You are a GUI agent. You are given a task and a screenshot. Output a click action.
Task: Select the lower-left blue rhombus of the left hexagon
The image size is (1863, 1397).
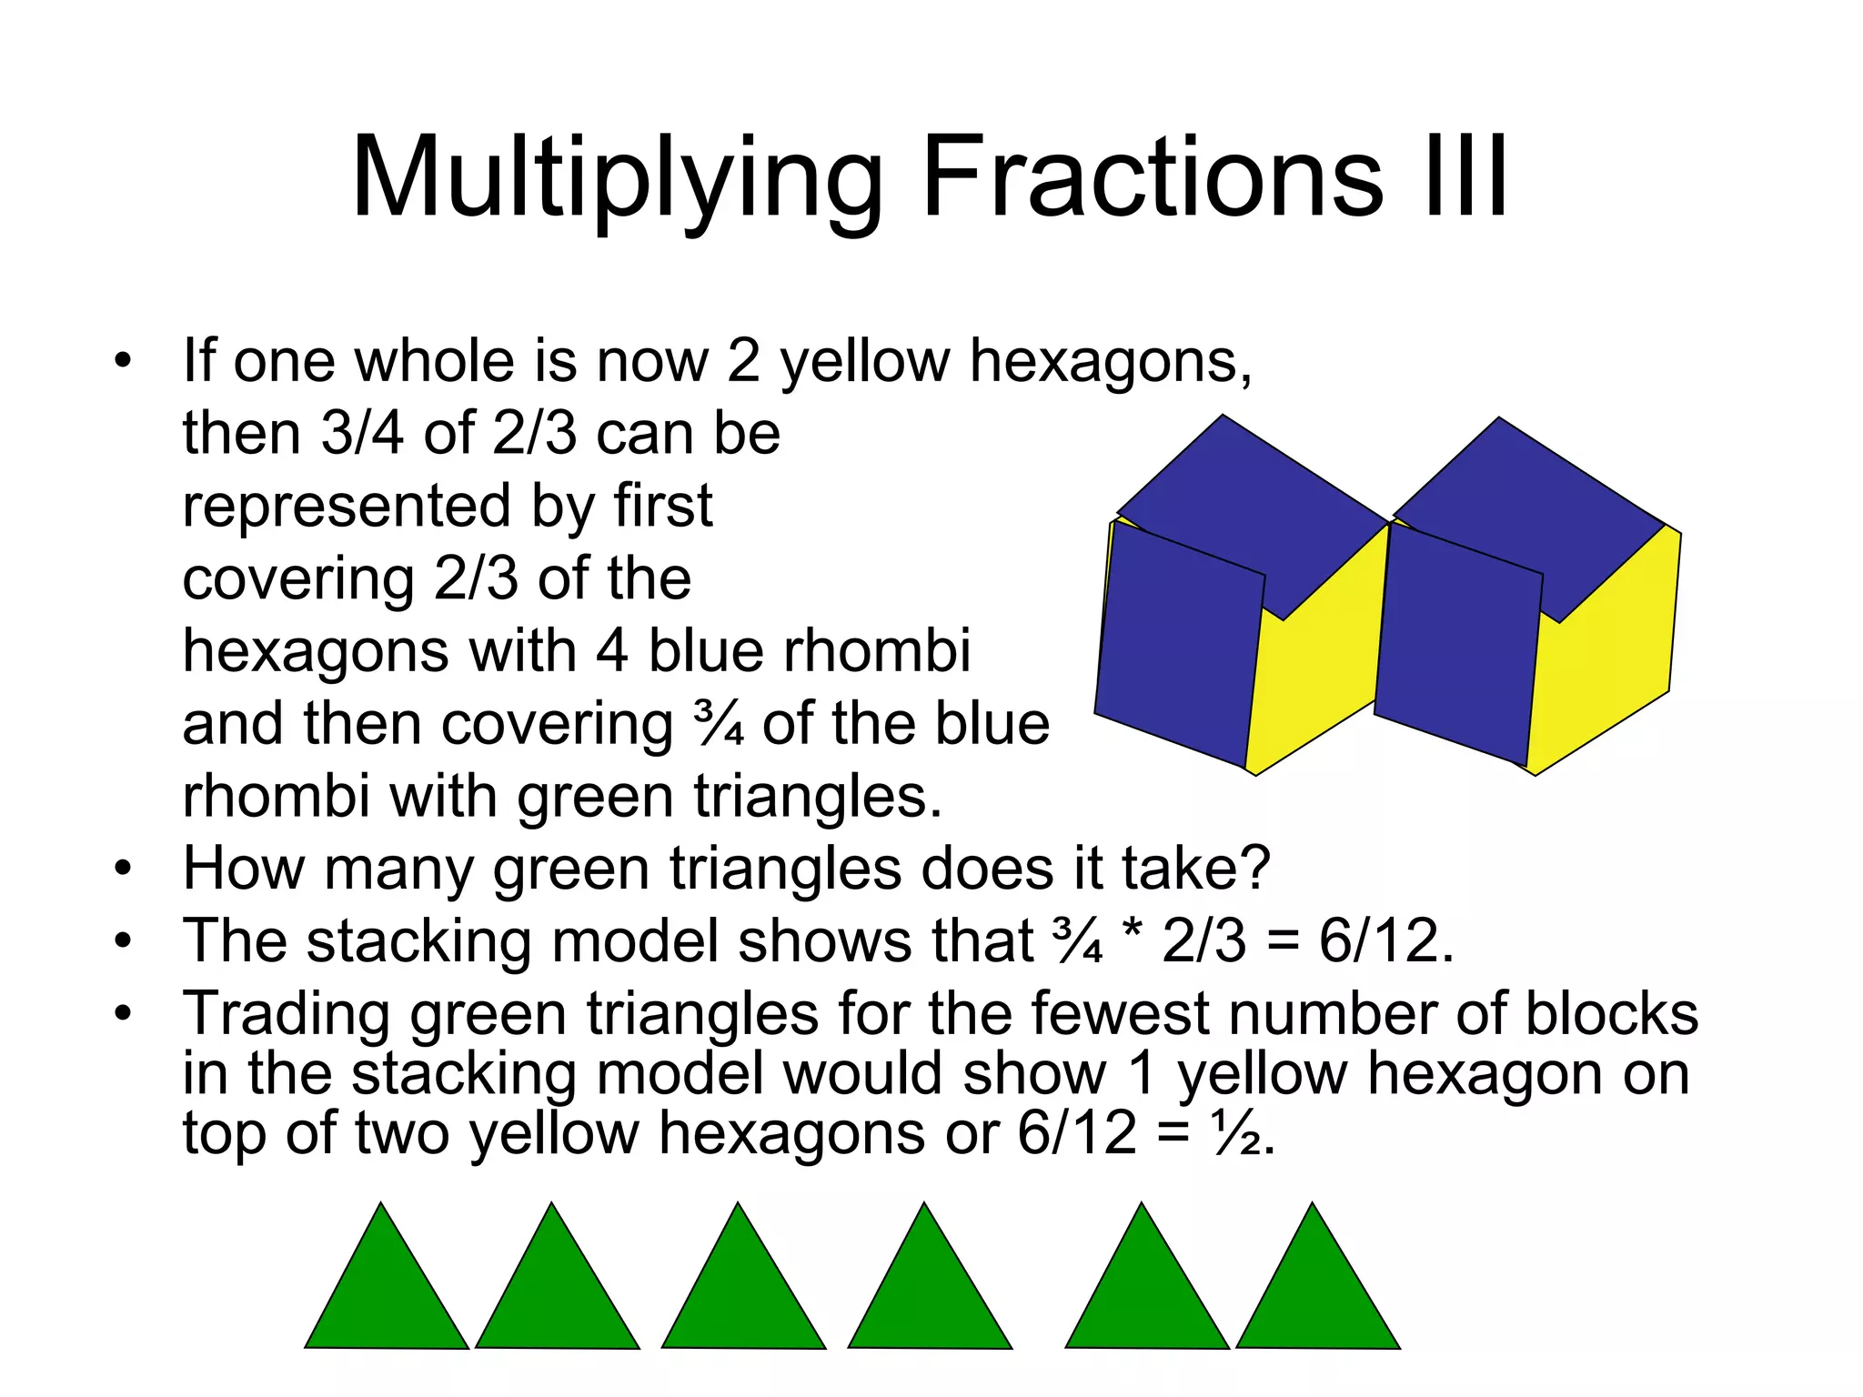coord(1178,646)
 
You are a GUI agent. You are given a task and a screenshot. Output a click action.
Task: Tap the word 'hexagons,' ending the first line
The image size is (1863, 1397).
coord(1111,362)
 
